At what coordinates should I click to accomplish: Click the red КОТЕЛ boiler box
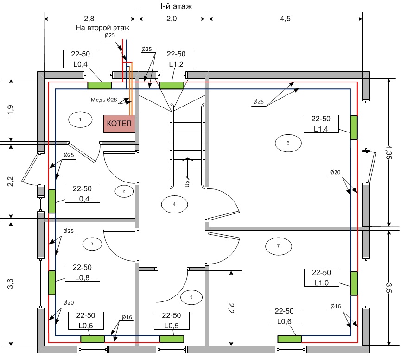coord(119,124)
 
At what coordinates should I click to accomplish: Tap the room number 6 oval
coord(288,143)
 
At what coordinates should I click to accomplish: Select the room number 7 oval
coord(279,246)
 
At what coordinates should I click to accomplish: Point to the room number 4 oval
coord(174,204)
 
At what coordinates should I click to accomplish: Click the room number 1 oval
coord(80,119)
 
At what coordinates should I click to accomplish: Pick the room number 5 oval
coord(191,297)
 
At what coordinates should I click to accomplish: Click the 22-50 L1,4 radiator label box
coord(321,124)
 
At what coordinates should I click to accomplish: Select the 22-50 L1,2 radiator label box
coord(176,59)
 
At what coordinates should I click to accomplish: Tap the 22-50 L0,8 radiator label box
coord(83,272)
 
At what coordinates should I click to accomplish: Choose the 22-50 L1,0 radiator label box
coord(322,278)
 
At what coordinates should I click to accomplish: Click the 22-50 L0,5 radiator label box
coord(172,321)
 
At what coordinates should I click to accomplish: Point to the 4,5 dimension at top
coord(285,19)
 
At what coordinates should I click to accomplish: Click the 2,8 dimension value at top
coord(89,19)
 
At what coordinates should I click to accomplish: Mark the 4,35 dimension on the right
coord(389,152)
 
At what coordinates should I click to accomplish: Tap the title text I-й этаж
coord(176,6)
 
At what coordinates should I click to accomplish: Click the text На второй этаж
coord(102,28)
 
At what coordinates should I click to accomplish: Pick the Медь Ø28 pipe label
coord(104,100)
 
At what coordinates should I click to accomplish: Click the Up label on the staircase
coord(188,183)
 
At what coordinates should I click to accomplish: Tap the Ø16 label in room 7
coord(336,306)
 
